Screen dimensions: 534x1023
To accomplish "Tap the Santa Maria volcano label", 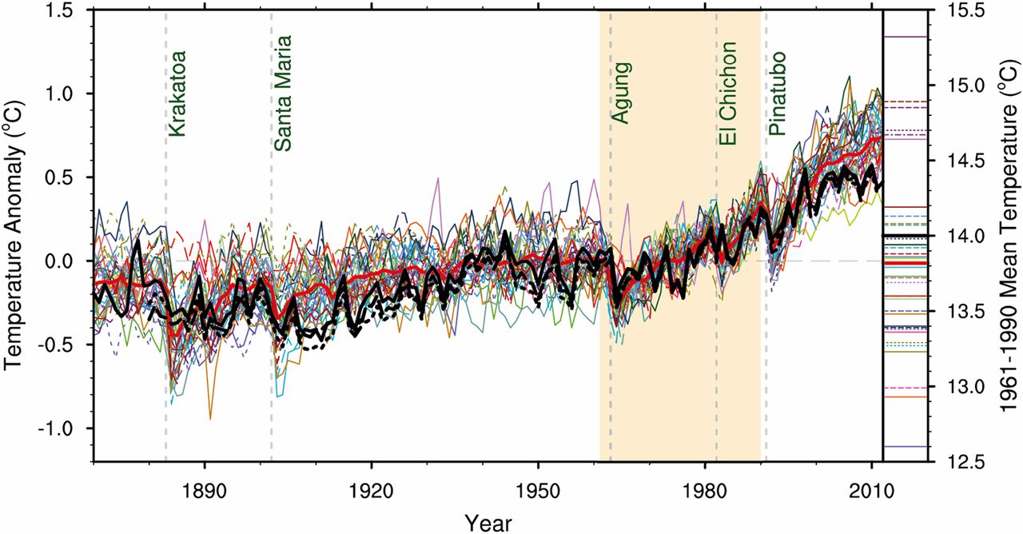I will pyautogui.click(x=283, y=94).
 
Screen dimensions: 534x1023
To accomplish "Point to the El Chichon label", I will pyautogui.click(x=726, y=94).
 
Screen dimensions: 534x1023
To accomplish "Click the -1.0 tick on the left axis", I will pyautogui.click(x=66, y=428).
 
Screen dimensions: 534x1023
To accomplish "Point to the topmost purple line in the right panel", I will pyautogui.click(x=904, y=37).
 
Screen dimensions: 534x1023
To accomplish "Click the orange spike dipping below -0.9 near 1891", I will pyautogui.click(x=210, y=417).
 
